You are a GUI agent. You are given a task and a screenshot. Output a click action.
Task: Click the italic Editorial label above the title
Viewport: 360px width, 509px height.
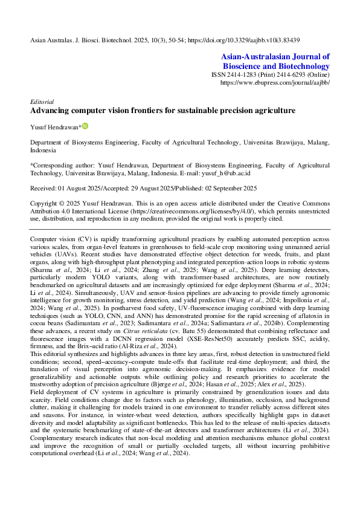42,102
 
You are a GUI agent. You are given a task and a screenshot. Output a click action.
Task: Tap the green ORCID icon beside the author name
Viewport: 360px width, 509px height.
85,126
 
